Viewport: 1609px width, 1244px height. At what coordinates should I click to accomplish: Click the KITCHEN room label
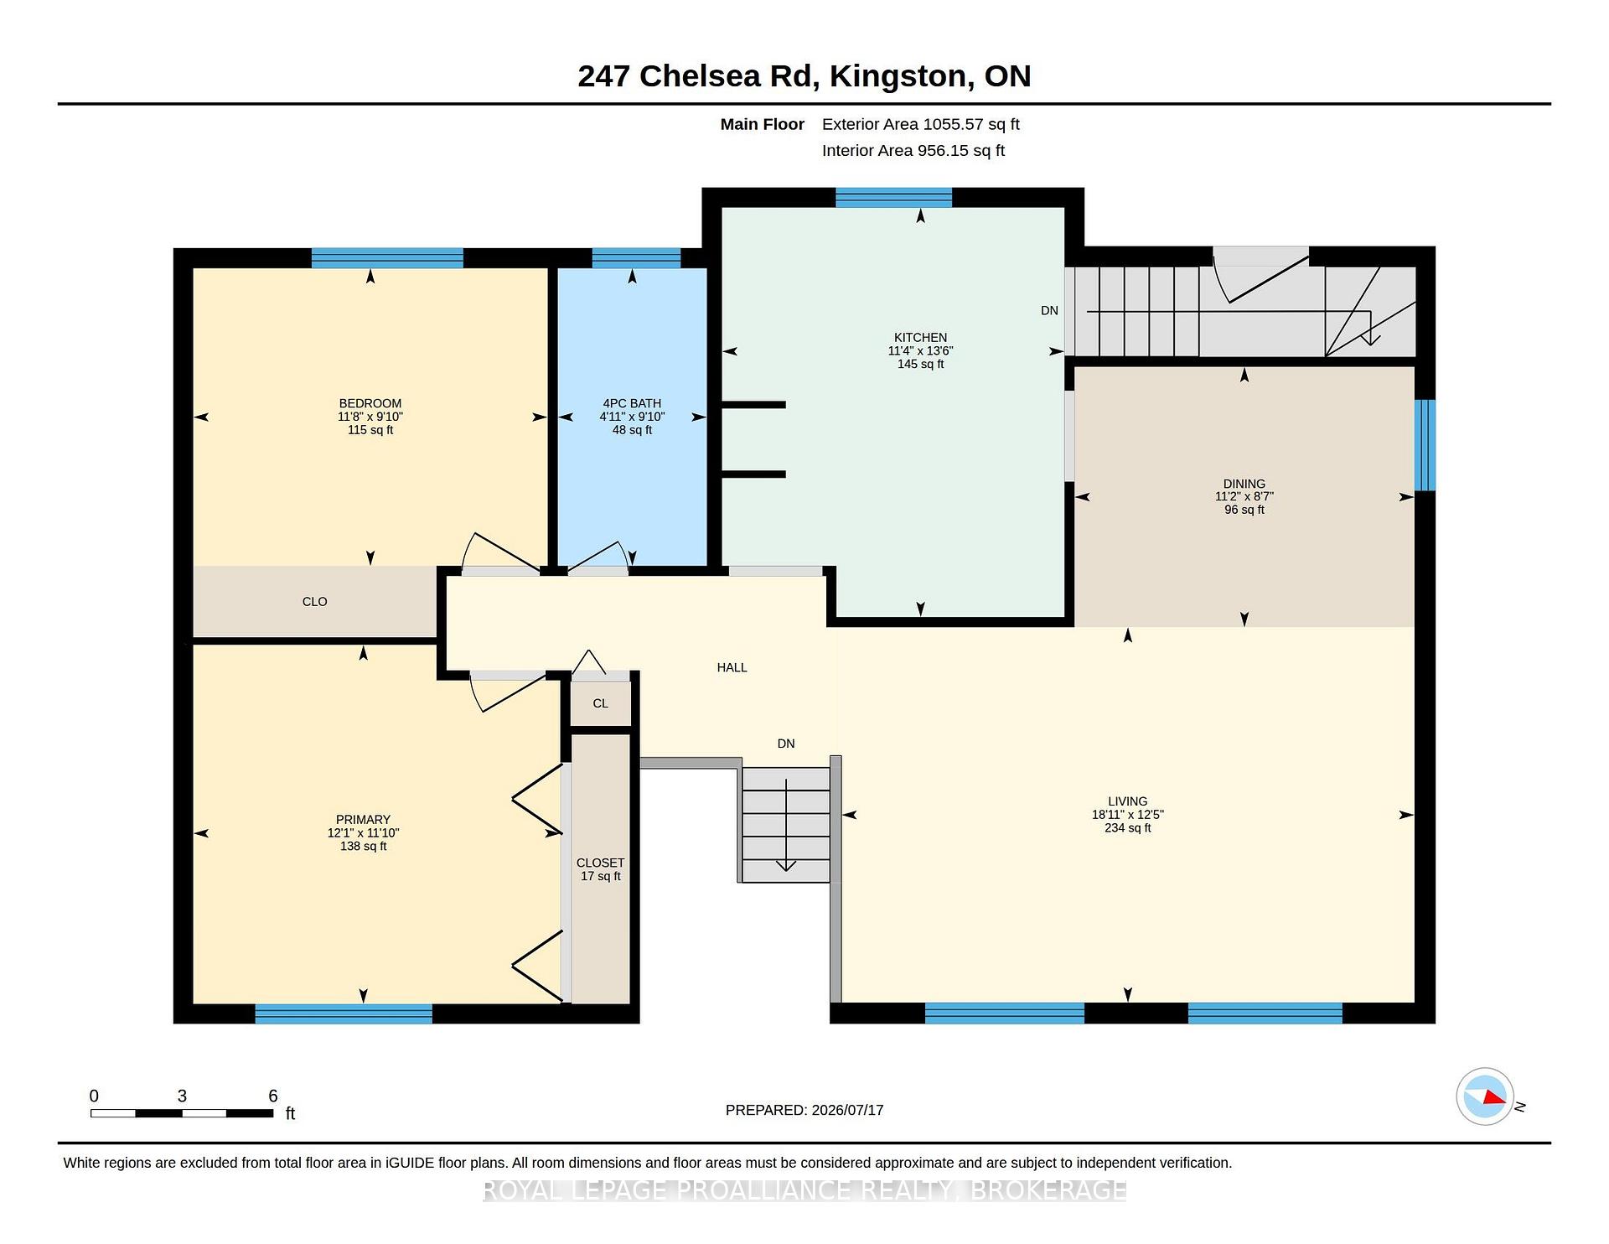click(x=920, y=337)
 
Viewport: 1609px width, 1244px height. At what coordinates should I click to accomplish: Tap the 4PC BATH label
click(x=632, y=403)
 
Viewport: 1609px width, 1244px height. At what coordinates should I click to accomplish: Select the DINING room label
click(x=1244, y=484)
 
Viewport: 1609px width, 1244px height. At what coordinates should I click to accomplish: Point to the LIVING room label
click(x=1127, y=801)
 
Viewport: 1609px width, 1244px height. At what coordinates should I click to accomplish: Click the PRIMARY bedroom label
click(x=363, y=820)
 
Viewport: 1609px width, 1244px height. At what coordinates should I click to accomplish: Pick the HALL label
click(x=732, y=667)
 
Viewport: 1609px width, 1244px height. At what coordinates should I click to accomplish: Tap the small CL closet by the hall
click(x=600, y=703)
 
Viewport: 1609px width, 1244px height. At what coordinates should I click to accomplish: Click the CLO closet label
click(x=314, y=602)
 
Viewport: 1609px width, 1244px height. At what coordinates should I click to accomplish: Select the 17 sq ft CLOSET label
click(x=601, y=869)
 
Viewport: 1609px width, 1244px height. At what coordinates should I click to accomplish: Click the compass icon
click(x=1485, y=1096)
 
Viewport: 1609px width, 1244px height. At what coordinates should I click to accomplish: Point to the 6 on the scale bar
click(x=272, y=1096)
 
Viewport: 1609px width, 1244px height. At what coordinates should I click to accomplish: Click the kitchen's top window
click(x=893, y=198)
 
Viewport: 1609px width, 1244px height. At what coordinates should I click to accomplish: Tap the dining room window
click(x=1425, y=445)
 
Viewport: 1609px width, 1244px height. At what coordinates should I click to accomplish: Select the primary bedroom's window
click(x=344, y=1013)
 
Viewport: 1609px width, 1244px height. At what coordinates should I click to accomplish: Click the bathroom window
click(x=636, y=258)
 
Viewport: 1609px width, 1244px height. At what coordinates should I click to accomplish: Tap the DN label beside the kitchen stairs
click(x=1049, y=311)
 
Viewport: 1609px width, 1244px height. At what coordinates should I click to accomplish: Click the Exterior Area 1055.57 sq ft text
click(x=921, y=125)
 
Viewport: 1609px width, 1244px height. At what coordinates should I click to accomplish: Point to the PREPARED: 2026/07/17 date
click(x=804, y=1110)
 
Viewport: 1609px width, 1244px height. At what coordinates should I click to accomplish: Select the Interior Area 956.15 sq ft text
click(x=913, y=151)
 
